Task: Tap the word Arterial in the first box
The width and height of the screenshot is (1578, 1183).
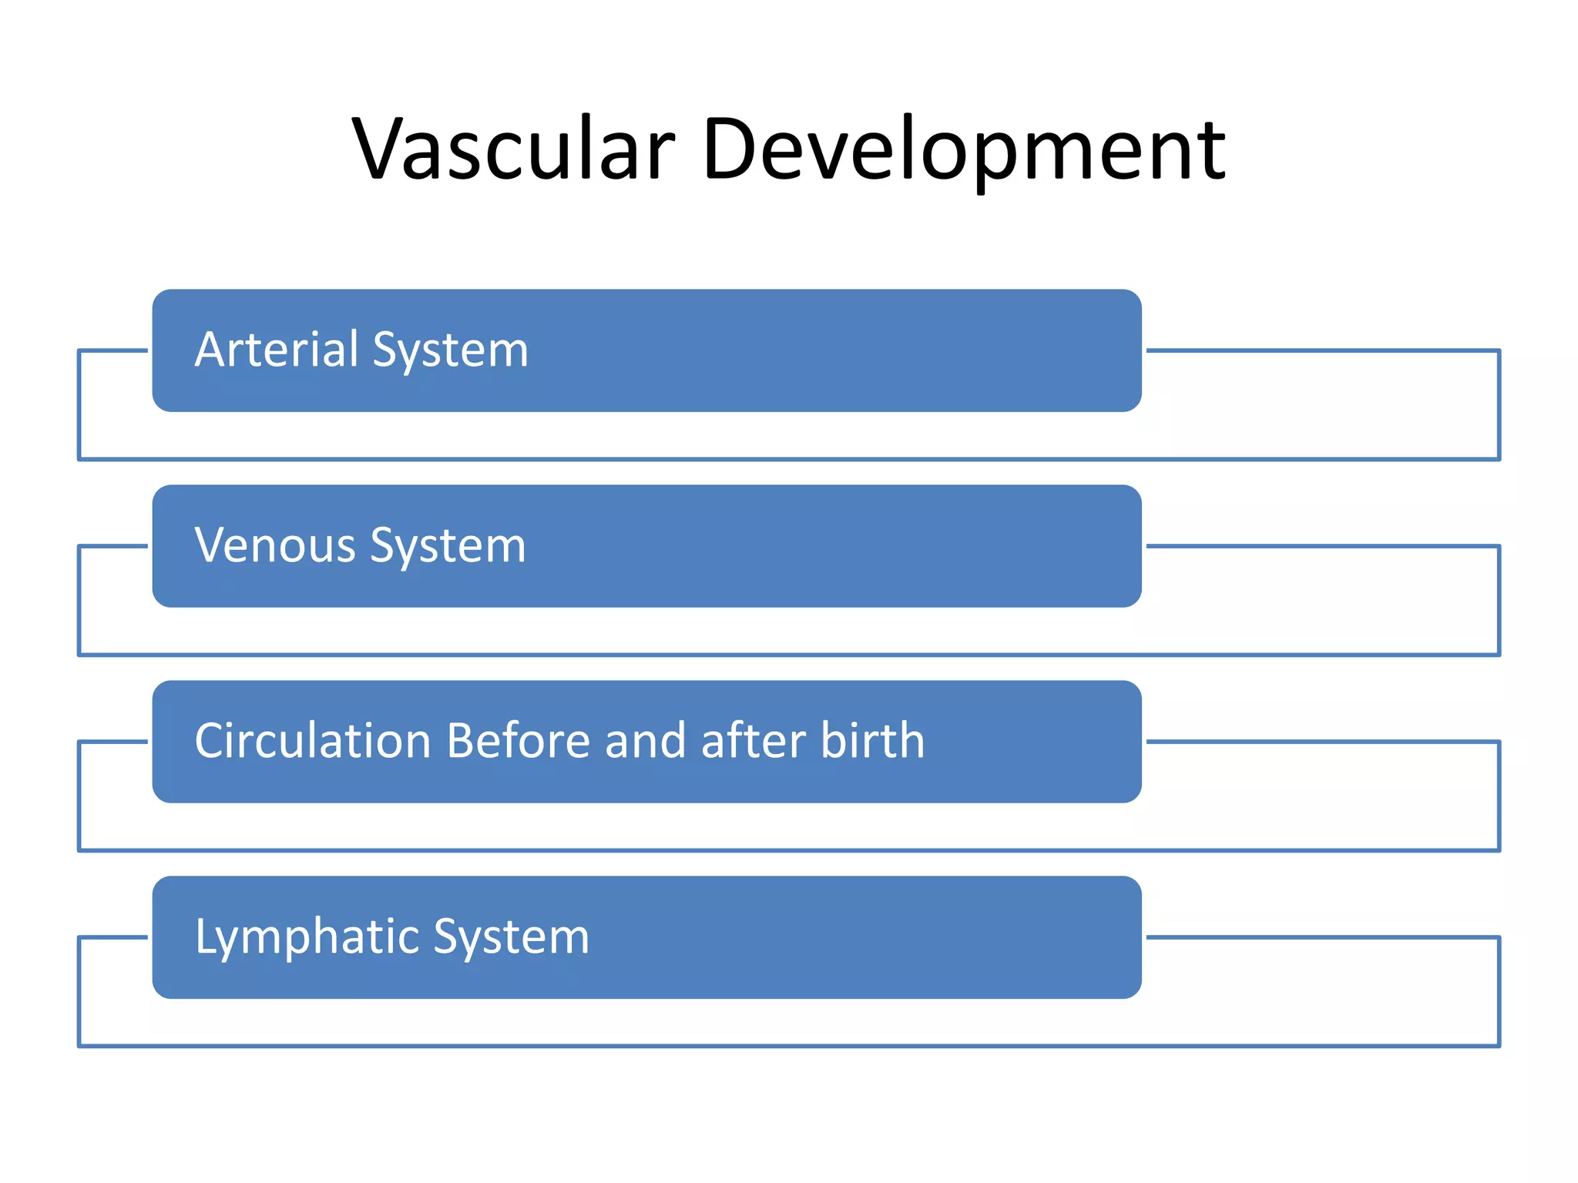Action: click(x=277, y=350)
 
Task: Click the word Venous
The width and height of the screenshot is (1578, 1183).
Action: click(x=275, y=546)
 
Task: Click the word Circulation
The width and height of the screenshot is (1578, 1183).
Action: click(x=313, y=741)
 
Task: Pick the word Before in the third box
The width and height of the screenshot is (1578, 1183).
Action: click(x=519, y=741)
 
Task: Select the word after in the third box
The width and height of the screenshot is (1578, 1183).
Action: click(x=753, y=741)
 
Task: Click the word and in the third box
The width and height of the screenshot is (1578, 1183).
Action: click(x=645, y=741)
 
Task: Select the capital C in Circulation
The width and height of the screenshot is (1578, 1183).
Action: click(x=210, y=741)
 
